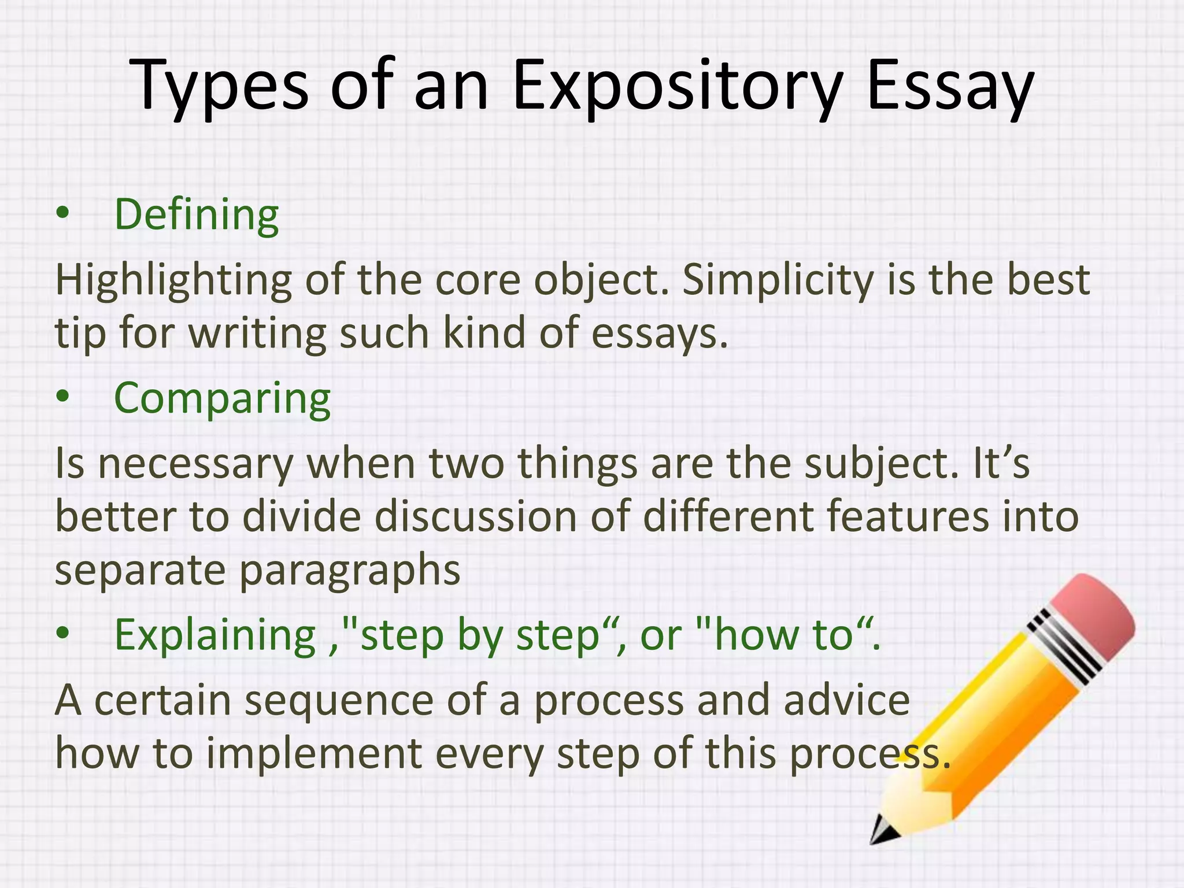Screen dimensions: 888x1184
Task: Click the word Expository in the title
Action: [676, 87]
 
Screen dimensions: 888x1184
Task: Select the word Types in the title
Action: [220, 87]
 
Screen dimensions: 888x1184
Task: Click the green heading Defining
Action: [197, 215]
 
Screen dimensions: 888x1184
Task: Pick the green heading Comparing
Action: [222, 399]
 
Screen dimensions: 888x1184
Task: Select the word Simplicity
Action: [778, 280]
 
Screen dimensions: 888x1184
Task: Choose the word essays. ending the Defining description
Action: [659, 334]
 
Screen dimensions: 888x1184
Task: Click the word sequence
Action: [338, 701]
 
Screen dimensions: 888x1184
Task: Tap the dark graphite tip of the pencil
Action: [882, 833]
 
